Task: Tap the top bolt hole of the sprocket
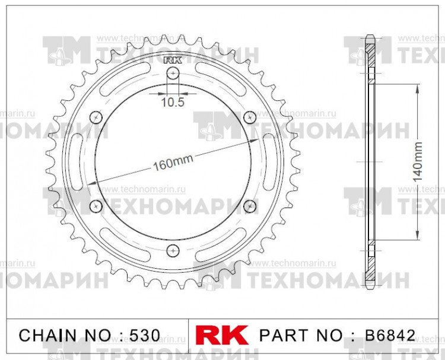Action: pyautogui.click(x=173, y=74)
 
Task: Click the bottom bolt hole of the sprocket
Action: pyautogui.click(x=173, y=249)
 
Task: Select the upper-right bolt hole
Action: pyautogui.click(x=249, y=117)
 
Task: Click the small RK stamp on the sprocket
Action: pyautogui.click(x=172, y=59)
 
